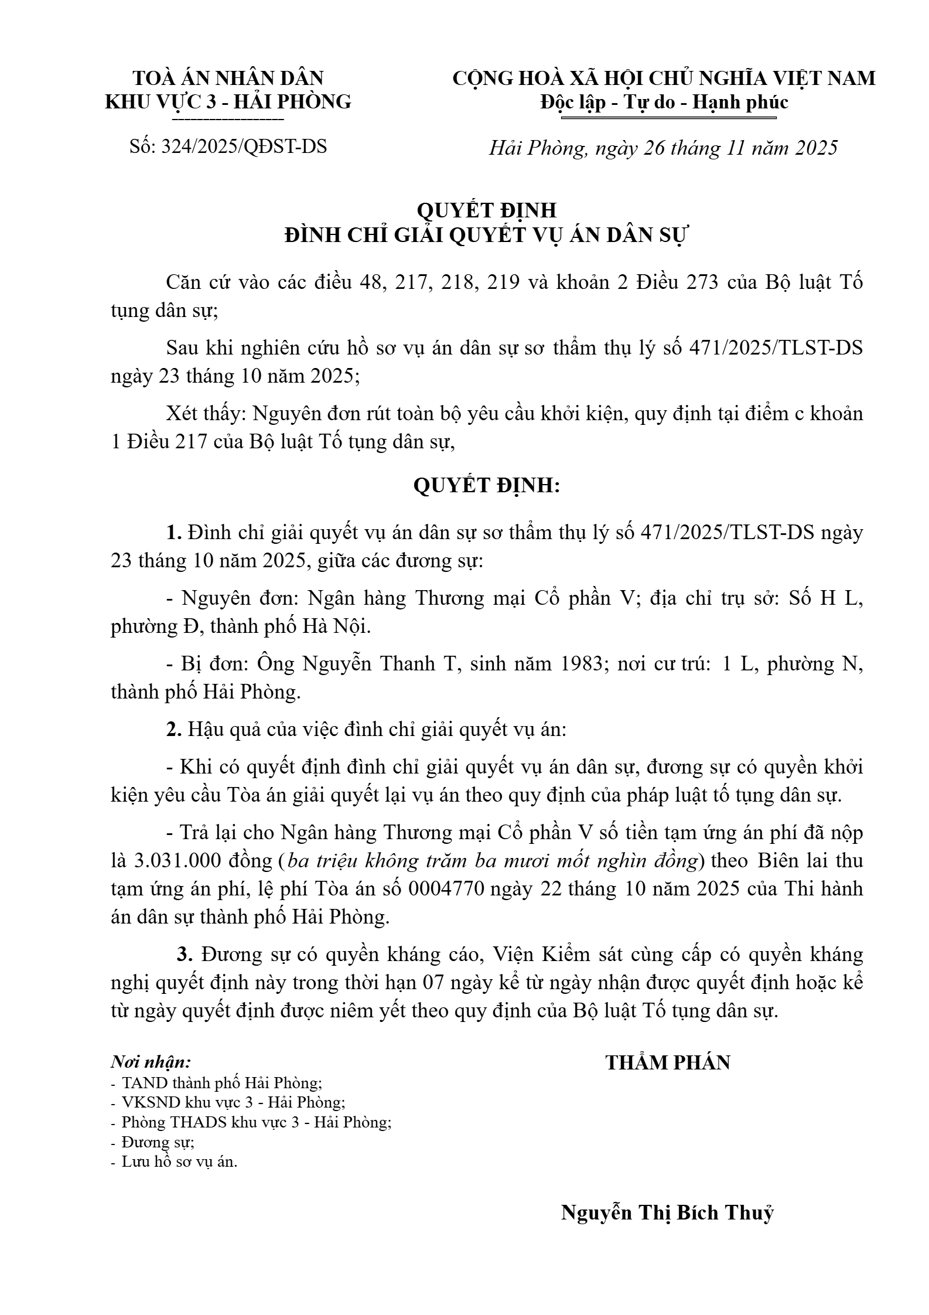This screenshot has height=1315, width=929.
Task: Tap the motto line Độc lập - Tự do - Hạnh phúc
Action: click(664, 103)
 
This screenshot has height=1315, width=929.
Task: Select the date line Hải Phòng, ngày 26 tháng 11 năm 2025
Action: click(663, 148)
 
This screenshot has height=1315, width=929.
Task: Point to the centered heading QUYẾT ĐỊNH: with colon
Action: click(487, 485)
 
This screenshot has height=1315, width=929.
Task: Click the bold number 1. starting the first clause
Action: click(175, 533)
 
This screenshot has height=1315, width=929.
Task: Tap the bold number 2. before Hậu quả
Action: click(175, 730)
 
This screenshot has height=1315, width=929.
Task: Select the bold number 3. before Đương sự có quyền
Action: click(185, 955)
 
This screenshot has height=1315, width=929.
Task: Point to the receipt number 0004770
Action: click(446, 889)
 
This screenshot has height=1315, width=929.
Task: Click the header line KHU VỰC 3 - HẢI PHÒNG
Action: click(228, 102)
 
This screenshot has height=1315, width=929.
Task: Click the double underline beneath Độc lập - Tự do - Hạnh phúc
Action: click(668, 118)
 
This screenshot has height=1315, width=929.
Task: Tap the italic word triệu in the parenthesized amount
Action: click(340, 861)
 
